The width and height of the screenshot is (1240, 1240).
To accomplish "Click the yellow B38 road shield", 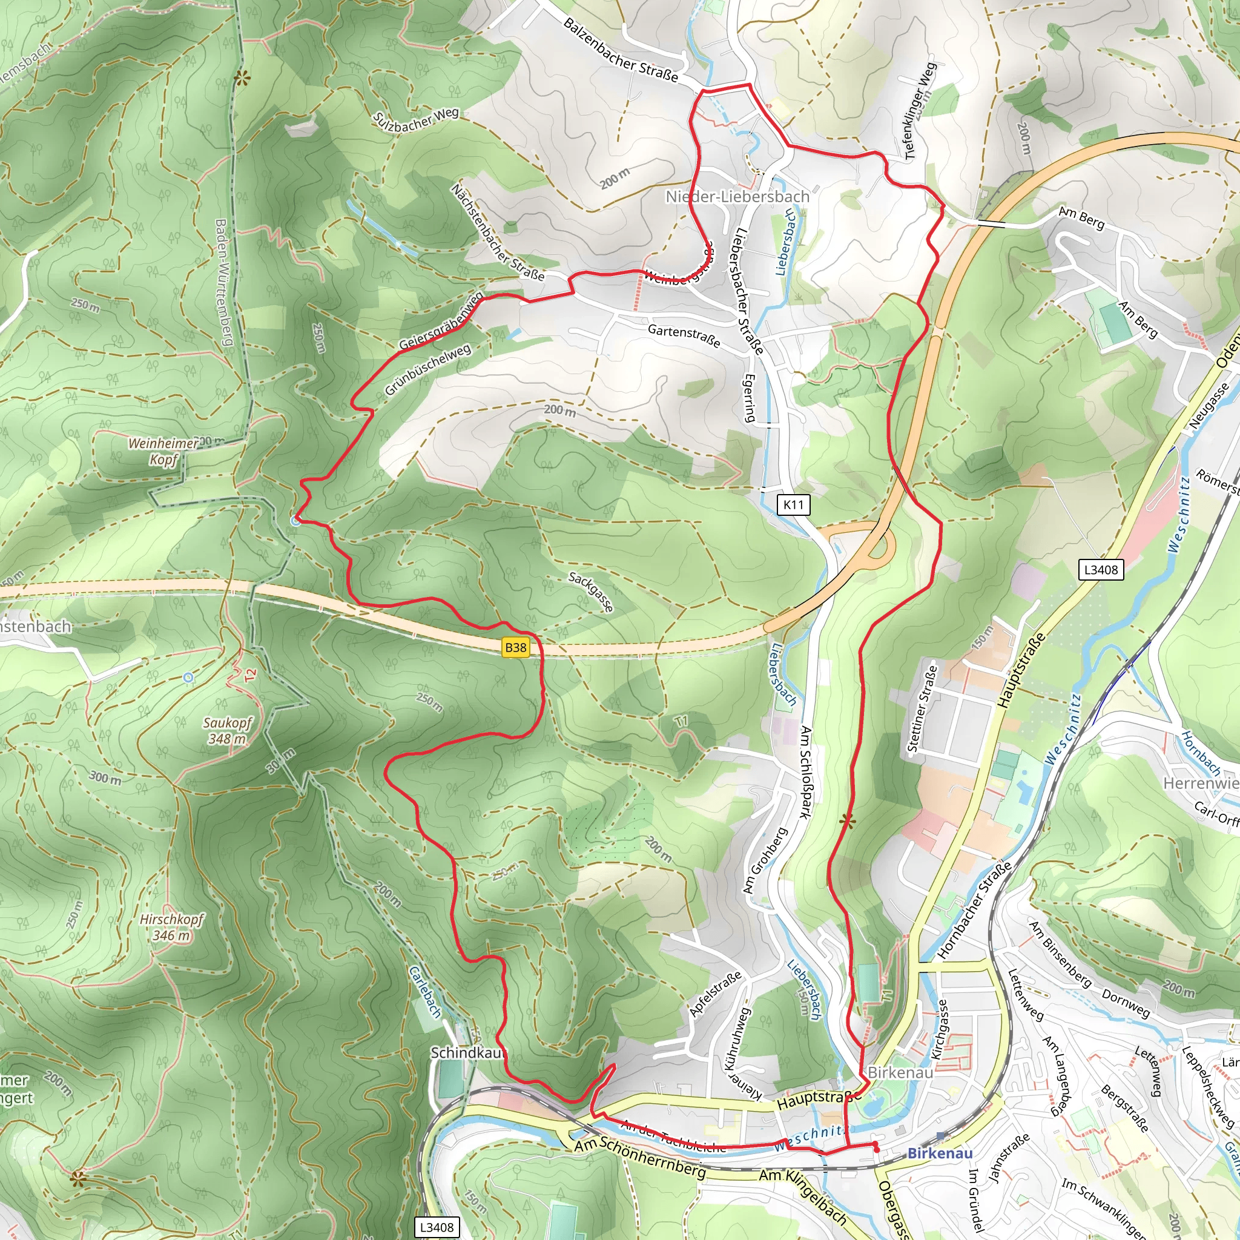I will pyautogui.click(x=515, y=648).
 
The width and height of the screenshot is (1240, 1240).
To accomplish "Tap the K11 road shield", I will pyautogui.click(x=793, y=504).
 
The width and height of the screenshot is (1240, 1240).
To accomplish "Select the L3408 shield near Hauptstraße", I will pyautogui.click(x=1101, y=569).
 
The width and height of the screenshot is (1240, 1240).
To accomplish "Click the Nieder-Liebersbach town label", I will pyautogui.click(x=737, y=196).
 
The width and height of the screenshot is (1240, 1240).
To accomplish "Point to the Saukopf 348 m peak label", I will pyautogui.click(x=227, y=730).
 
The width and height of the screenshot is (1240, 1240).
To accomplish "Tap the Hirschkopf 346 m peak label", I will pyautogui.click(x=171, y=927).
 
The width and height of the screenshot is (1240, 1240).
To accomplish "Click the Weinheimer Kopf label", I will pyautogui.click(x=163, y=450).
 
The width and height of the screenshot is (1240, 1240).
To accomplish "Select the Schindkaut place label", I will pyautogui.click(x=468, y=1052).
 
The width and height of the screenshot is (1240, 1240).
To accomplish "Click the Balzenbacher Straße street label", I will pyautogui.click(x=620, y=50).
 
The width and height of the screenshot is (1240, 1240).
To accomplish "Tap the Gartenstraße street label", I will pyautogui.click(x=684, y=335).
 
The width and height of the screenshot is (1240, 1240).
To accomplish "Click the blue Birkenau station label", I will pyautogui.click(x=940, y=1153).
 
